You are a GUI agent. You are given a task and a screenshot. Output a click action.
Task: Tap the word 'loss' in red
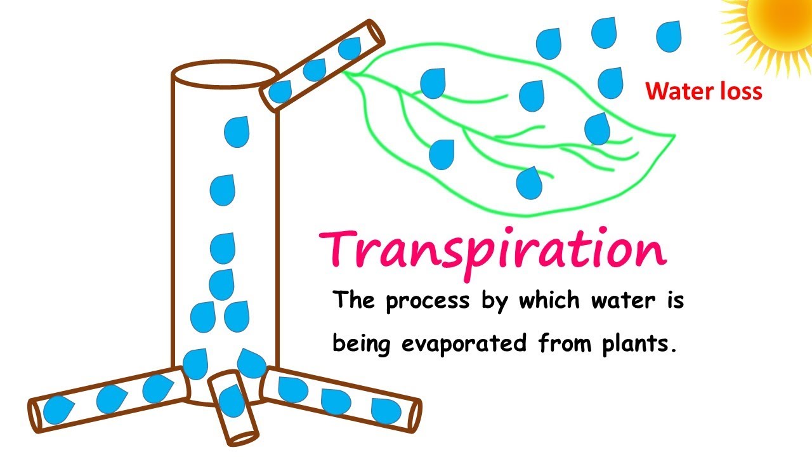coord(740,92)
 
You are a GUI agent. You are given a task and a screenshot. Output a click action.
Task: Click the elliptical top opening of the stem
coord(225,73)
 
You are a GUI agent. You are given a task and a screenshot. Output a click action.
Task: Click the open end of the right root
coord(414,416)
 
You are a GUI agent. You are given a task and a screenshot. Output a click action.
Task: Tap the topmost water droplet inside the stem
coord(237,131)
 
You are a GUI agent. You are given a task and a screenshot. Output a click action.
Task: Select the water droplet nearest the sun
coord(668,37)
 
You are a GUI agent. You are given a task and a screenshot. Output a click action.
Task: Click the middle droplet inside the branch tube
coord(315,70)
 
